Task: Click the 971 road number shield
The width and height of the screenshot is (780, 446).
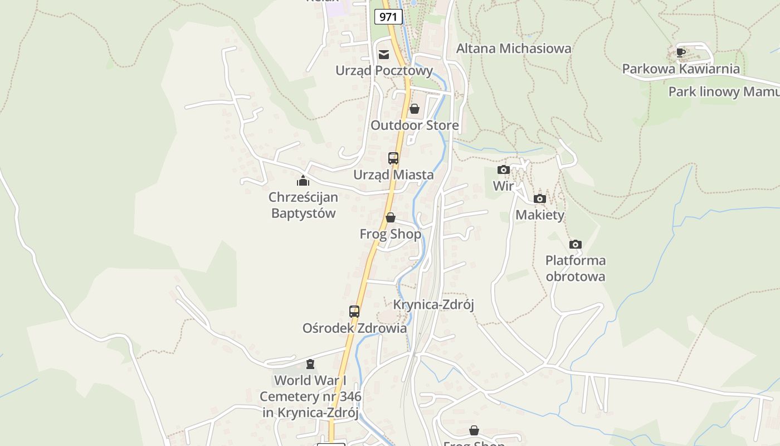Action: tap(388, 17)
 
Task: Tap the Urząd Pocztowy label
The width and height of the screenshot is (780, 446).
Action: tap(384, 71)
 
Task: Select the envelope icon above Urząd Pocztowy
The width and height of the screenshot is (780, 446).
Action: tap(384, 54)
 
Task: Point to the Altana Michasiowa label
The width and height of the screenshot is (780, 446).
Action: tap(514, 49)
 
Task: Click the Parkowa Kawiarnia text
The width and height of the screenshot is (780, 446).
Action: tap(681, 69)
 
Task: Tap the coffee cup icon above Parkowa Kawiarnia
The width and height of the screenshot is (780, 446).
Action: tap(680, 52)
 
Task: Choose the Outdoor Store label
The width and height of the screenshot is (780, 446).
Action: tap(415, 125)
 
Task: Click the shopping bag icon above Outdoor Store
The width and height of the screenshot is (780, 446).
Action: tap(414, 109)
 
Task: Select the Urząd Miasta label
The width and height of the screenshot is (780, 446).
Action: tap(393, 175)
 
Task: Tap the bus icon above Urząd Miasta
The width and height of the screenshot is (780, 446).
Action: tap(393, 158)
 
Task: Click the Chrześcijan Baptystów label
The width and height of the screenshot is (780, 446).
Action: tap(304, 205)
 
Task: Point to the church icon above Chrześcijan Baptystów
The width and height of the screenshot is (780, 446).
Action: tap(303, 181)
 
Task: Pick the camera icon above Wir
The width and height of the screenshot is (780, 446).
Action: tap(503, 169)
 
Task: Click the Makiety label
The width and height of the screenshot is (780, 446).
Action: tap(540, 215)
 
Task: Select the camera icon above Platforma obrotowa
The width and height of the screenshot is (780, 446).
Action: tap(576, 244)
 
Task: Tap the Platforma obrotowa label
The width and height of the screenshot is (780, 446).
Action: tap(576, 268)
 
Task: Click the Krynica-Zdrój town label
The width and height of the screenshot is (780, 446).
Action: tap(433, 305)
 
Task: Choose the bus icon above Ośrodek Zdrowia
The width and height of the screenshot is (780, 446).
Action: tap(354, 312)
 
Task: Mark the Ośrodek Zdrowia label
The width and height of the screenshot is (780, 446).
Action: tap(354, 328)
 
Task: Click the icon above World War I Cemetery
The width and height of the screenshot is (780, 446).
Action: tap(310, 365)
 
